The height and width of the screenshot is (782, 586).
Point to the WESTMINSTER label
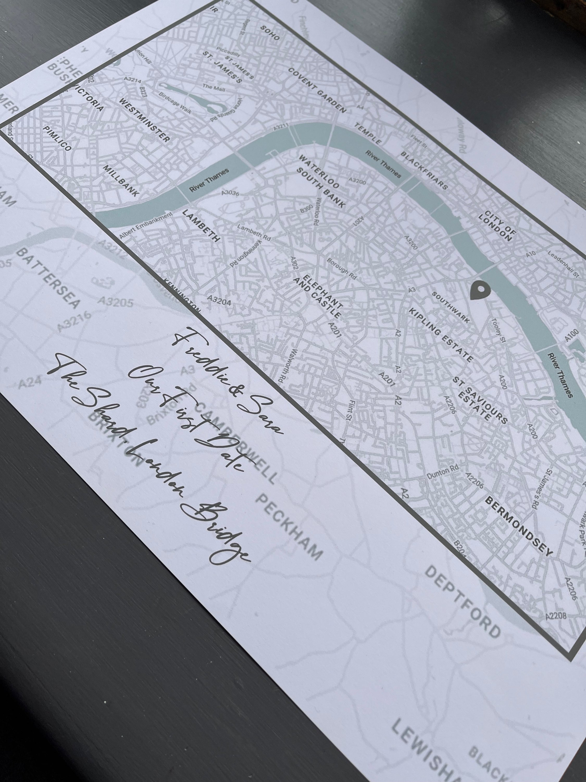(145, 120)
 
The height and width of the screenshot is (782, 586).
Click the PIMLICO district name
(57, 138)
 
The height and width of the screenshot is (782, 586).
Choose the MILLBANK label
(121, 180)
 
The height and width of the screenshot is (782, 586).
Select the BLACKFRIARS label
(424, 171)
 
